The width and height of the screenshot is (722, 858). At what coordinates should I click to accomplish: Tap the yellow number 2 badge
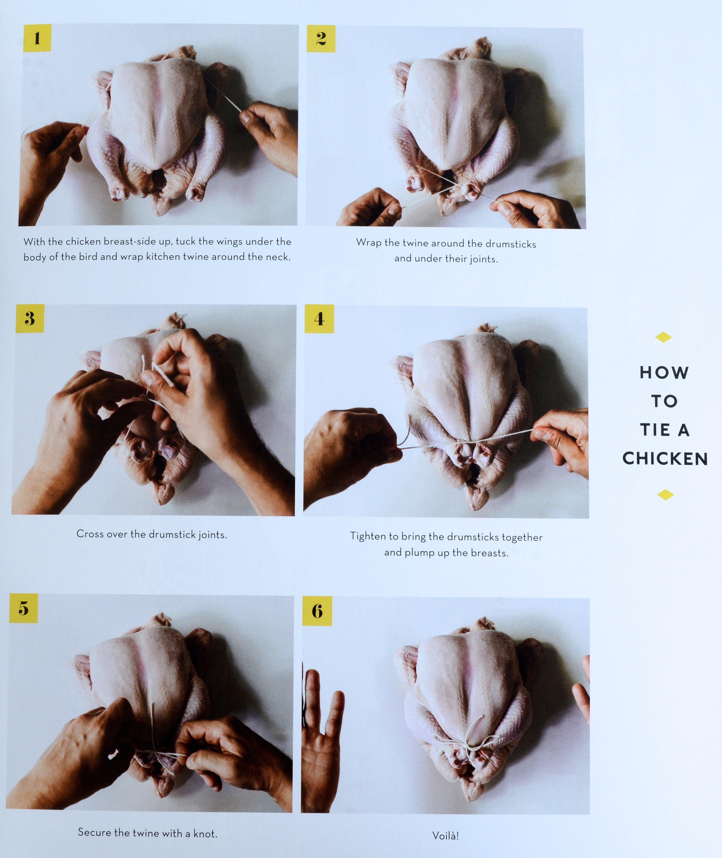[x=321, y=39]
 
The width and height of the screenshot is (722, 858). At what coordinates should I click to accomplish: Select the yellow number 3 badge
[x=30, y=318]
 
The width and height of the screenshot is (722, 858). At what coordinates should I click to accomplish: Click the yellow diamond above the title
[x=664, y=337]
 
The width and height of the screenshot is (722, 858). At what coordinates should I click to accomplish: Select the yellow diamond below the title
[x=666, y=495]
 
